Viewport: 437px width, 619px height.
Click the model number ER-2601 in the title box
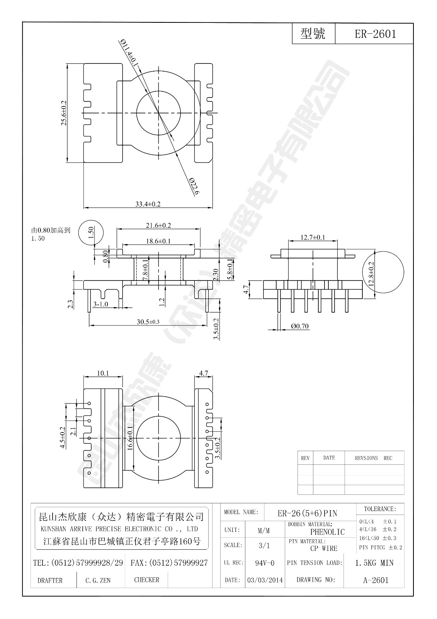375,34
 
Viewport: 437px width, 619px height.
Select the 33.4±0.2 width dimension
148,204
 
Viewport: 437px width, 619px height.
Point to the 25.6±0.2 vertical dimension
64,113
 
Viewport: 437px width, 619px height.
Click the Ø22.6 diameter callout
194,187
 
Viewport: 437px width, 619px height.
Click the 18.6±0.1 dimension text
158,241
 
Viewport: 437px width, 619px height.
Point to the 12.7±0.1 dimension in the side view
313,237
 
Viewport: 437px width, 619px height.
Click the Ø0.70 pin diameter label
300,326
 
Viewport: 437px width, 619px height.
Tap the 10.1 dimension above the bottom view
103,373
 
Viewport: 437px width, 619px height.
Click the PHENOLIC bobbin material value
327,532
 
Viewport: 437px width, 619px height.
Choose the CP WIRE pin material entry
323,548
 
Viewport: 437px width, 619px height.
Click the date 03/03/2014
265,580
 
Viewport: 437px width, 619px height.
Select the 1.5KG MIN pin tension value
374,563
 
